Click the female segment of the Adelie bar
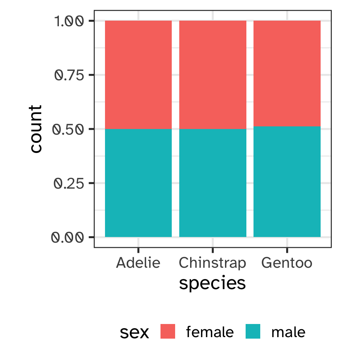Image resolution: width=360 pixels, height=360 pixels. (138, 75)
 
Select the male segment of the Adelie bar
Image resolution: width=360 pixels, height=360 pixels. (138, 183)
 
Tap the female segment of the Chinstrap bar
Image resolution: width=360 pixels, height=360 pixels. (213, 75)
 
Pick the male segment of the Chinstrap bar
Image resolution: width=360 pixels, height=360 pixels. (213, 183)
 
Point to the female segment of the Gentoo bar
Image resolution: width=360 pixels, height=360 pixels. (287, 73)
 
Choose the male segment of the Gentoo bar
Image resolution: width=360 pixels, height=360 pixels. (287, 181)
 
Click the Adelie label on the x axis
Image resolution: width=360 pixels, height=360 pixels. (138, 262)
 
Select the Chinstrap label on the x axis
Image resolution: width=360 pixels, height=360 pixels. (213, 263)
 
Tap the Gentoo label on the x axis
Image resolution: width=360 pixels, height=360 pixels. (287, 262)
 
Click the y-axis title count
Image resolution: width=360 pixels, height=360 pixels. (36, 129)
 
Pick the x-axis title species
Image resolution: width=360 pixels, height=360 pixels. (213, 283)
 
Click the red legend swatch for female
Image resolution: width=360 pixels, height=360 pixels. (168, 331)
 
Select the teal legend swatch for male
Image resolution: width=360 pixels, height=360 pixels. (253, 331)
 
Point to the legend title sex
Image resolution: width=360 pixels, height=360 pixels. (134, 332)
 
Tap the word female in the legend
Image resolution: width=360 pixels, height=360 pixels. (210, 332)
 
